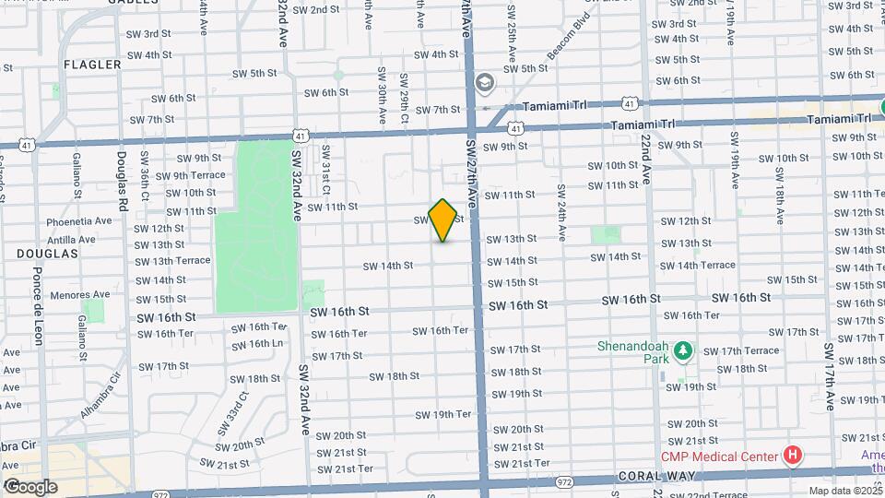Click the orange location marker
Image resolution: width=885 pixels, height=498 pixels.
(x=442, y=219)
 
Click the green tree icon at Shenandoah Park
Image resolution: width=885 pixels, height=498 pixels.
(x=683, y=351)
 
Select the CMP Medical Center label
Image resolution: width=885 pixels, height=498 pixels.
(x=718, y=455)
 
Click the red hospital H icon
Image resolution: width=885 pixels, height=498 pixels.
(x=790, y=455)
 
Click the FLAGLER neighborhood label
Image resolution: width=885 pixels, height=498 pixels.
(x=92, y=65)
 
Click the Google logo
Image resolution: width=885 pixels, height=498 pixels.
(x=30, y=487)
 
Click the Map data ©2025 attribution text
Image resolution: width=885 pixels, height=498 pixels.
(x=845, y=491)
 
